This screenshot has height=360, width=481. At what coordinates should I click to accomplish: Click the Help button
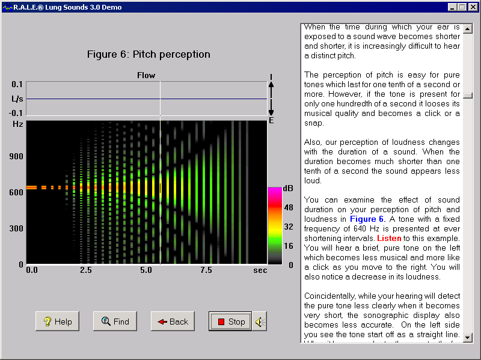coord(57,322)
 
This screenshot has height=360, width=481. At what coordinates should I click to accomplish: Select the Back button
coord(173,322)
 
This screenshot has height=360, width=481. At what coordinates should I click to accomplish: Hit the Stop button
coord(230,322)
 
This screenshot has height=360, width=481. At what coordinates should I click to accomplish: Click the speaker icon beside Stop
coord(259,322)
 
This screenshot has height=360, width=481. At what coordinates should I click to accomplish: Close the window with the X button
coord(472,7)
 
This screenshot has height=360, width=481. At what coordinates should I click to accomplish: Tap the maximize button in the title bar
coord(462,7)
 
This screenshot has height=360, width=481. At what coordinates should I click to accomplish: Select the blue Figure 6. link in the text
coord(367,219)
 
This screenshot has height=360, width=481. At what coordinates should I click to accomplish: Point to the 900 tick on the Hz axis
coord(16,156)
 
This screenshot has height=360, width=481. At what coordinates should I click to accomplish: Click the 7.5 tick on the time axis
coord(206,270)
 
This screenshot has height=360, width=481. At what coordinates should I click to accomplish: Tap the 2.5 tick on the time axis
coord(86,270)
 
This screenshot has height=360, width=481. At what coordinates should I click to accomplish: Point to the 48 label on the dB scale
coord(288,207)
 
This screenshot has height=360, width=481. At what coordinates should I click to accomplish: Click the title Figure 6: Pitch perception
coord(149,54)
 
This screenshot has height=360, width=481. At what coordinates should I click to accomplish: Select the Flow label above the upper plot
coord(146,75)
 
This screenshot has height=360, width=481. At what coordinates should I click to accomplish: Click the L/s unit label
coord(17,98)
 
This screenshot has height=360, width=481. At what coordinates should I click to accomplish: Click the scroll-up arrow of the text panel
coord(468,28)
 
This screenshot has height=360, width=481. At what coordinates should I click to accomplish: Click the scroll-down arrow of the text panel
coord(468,338)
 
